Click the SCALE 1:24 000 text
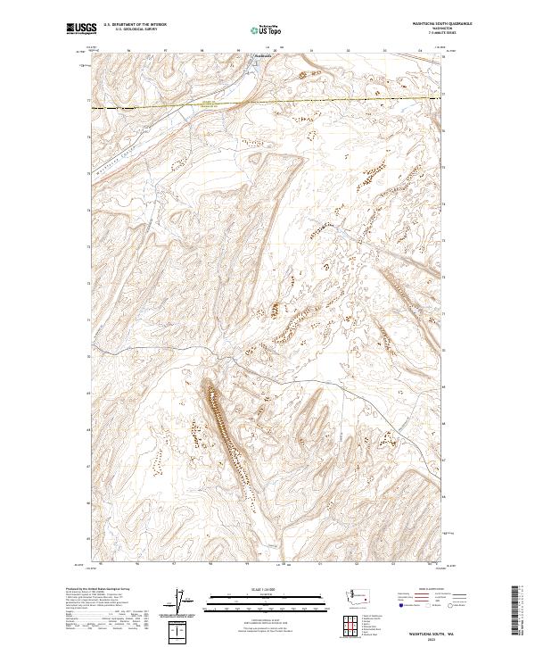[x=267, y=587]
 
